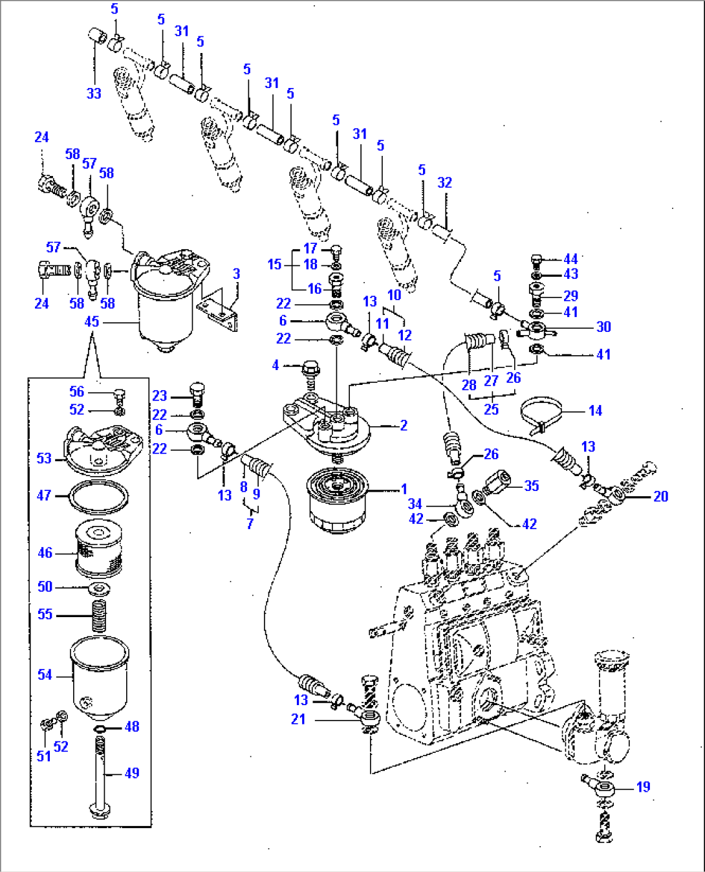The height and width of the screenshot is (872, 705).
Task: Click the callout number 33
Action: point(94,93)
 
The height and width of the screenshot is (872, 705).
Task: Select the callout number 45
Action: point(92,322)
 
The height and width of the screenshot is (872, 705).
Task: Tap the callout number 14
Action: point(595,410)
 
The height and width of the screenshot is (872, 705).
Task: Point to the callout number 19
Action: point(643,787)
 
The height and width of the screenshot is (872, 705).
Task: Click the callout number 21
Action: point(298,719)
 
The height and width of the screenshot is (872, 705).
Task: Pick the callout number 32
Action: point(444,182)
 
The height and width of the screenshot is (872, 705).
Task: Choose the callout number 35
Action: point(532,485)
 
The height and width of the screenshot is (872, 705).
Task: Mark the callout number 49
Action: point(132,772)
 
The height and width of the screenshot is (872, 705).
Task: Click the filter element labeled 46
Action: point(99,549)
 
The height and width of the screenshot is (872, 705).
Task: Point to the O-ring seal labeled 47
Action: point(98,497)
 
